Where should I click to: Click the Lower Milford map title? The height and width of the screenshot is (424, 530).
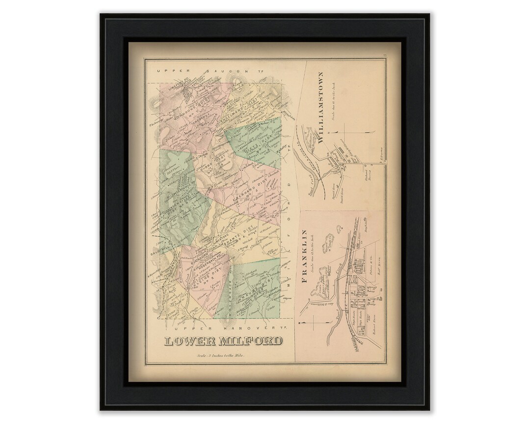click(x=223, y=341)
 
